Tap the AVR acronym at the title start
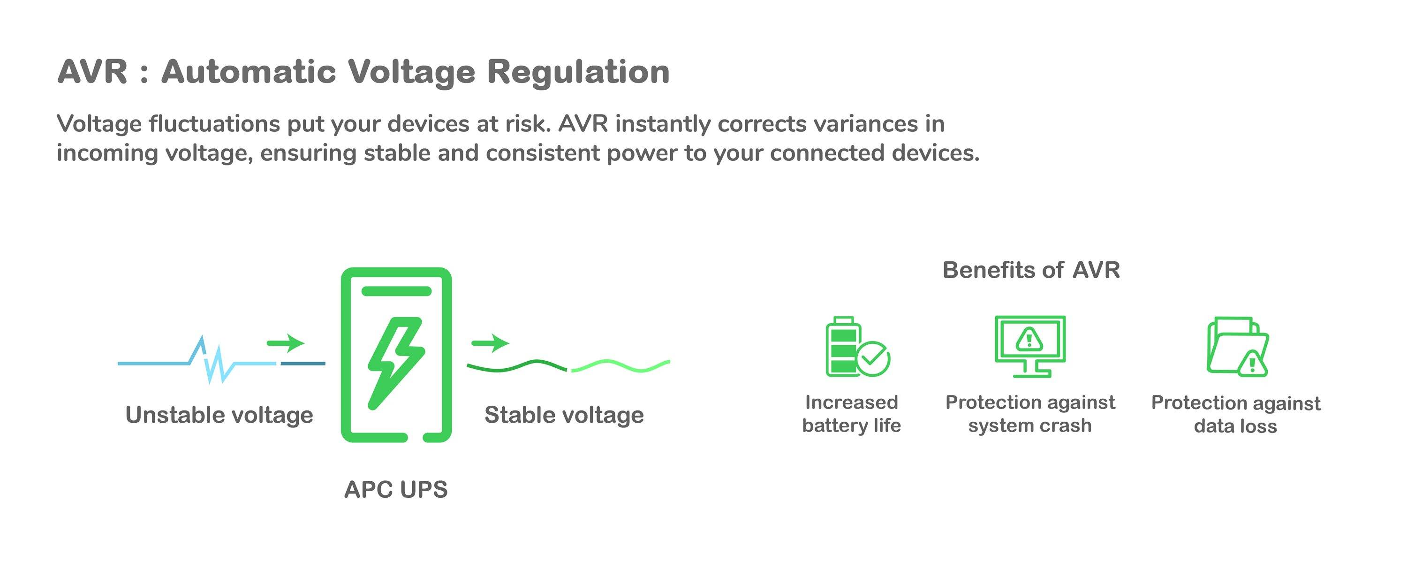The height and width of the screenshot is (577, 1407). click(x=92, y=72)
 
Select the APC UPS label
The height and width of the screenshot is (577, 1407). click(x=395, y=489)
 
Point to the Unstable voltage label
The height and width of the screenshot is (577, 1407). click(x=219, y=415)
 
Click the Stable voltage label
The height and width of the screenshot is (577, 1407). click(x=564, y=415)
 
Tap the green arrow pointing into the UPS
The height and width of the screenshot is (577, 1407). click(x=286, y=343)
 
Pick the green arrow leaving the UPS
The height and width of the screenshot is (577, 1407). click(x=490, y=343)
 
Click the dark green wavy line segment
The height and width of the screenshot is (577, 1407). click(x=516, y=366)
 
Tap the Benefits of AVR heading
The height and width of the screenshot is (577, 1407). click(x=1031, y=270)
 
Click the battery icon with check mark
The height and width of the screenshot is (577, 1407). click(x=856, y=347)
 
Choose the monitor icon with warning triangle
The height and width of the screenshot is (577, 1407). click(x=1029, y=346)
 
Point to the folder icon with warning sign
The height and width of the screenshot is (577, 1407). click(x=1237, y=347)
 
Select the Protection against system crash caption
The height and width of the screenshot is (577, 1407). click(x=1029, y=414)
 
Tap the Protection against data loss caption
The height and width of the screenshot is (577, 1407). click(x=1235, y=414)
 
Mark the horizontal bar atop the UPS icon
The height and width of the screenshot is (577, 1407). click(x=396, y=291)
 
